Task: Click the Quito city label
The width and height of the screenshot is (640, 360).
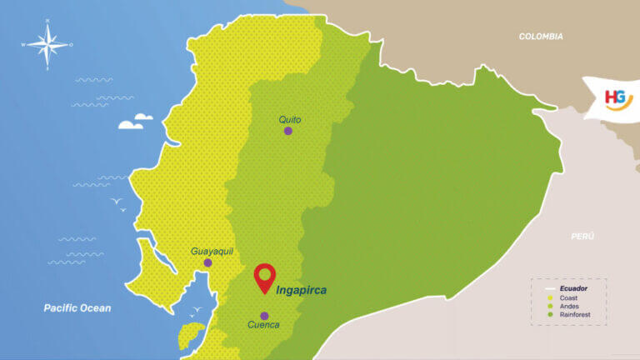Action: tap(289, 119)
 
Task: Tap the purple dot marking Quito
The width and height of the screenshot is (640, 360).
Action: tap(288, 131)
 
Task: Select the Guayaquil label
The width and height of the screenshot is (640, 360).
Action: tap(212, 251)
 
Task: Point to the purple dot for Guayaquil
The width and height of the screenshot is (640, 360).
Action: tap(207, 262)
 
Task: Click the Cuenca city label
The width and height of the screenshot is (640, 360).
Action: tap(263, 325)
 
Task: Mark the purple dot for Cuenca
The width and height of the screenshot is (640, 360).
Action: tap(264, 316)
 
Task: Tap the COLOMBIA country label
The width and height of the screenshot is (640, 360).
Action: tap(541, 37)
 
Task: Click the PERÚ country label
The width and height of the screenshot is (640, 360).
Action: tap(582, 237)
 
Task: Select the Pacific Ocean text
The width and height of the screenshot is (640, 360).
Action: tap(77, 308)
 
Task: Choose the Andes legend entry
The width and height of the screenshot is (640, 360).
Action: tap(569, 306)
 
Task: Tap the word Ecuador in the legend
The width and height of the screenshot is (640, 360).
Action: tap(574, 288)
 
